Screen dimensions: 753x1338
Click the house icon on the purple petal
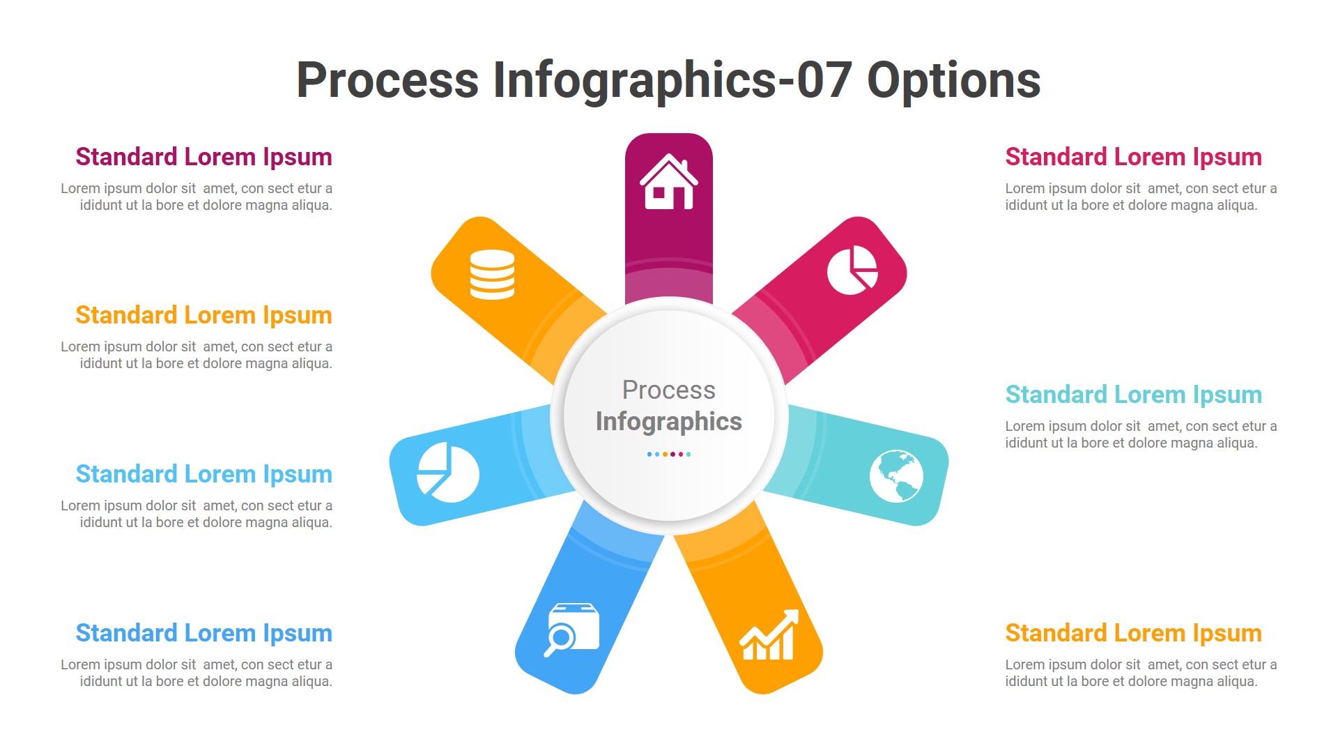(x=669, y=182)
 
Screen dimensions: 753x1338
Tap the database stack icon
(x=492, y=274)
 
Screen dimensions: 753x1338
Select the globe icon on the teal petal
(x=896, y=476)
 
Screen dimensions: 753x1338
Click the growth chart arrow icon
(x=769, y=635)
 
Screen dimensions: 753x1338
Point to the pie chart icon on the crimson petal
(x=852, y=270)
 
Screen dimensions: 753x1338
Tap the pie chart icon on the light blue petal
(x=448, y=472)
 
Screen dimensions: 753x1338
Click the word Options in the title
(x=953, y=80)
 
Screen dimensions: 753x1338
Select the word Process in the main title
(x=387, y=80)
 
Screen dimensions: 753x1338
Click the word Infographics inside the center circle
(x=669, y=422)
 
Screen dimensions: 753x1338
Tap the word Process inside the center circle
(x=669, y=390)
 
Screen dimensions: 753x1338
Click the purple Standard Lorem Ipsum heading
(x=203, y=157)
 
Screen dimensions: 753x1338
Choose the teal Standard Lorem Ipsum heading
(x=1133, y=395)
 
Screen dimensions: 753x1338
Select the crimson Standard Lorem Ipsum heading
(x=1133, y=157)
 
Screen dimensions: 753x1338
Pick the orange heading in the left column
(x=203, y=315)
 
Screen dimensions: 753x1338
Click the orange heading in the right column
(x=1133, y=633)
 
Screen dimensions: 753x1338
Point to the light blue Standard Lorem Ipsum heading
(x=203, y=474)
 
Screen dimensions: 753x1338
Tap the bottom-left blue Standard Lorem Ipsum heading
(x=203, y=633)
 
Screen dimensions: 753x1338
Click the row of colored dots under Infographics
(x=669, y=455)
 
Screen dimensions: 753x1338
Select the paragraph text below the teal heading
(x=1140, y=434)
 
